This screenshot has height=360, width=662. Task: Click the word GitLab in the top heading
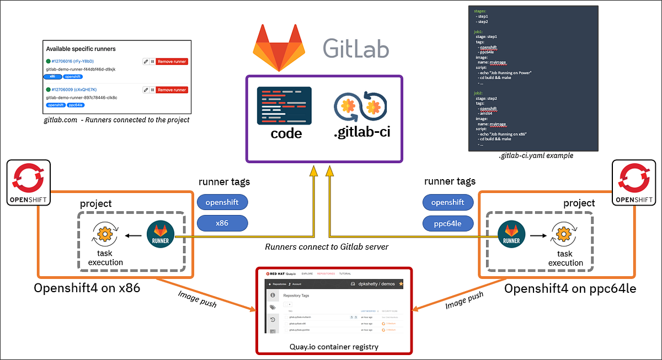coord(355,48)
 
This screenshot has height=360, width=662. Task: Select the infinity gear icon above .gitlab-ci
coord(360,108)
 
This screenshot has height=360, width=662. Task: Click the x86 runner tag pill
coord(222,223)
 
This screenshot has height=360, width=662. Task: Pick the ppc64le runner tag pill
coord(448,223)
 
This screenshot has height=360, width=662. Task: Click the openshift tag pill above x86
coord(222,202)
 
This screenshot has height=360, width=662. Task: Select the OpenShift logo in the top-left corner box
coord(28,182)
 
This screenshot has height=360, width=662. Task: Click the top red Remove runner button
coord(172,62)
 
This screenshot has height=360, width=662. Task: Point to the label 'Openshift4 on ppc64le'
coord(570,288)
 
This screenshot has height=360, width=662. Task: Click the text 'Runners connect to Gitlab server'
coord(327,246)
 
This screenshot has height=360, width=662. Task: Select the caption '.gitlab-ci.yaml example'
coord(536,156)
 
